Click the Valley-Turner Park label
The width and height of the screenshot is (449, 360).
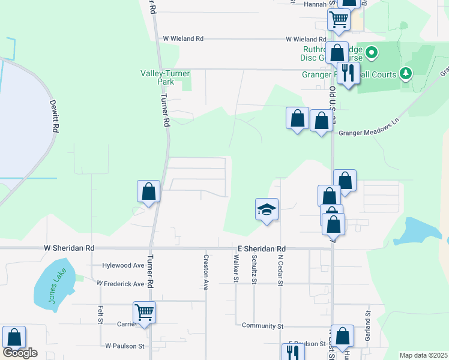165,77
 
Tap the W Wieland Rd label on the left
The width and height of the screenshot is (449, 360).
183,38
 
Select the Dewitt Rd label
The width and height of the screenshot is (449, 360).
55,116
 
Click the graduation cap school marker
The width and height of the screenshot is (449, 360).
267,210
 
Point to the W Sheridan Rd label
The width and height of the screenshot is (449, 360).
69,248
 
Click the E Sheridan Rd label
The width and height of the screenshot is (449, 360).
259,248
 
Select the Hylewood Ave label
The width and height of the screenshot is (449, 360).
124,265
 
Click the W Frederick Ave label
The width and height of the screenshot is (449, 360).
121,283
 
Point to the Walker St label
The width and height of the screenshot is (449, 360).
236,268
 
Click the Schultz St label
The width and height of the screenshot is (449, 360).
255,268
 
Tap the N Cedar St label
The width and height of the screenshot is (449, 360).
280,269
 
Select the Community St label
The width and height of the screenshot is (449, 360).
262,326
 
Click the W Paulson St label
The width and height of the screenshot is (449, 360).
125,346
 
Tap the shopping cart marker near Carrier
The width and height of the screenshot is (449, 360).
145,313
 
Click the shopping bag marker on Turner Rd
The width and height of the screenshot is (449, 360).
148,192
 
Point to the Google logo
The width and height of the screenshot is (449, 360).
20,353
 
